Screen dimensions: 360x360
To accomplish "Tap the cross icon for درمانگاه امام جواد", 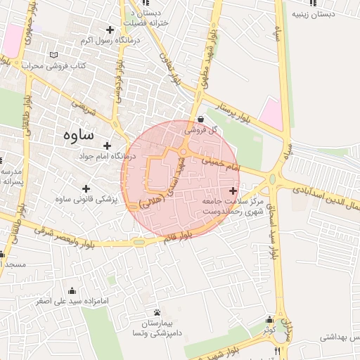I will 107,145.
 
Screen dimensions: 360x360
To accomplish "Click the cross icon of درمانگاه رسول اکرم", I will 110,30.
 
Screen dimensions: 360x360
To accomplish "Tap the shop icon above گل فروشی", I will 202,120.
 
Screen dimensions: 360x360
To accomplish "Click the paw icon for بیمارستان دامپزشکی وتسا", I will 156,312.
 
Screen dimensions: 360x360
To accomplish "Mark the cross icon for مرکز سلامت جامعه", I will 233,191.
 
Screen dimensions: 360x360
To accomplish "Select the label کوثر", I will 269,329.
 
